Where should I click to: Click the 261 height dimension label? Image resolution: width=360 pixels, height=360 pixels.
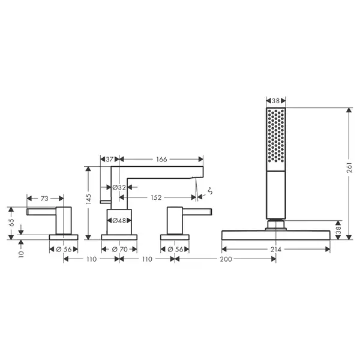[349, 168]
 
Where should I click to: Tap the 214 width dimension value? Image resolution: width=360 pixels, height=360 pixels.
[276, 250]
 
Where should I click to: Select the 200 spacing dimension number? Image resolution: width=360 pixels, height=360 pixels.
[226, 259]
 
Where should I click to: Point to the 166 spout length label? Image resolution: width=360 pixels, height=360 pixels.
[161, 160]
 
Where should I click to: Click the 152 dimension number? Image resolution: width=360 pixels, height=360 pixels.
[156, 197]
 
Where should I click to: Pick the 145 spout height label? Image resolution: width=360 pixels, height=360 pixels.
[88, 199]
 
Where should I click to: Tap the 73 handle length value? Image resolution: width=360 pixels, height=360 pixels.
[44, 199]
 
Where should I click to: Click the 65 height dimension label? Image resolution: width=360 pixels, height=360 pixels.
[11, 223]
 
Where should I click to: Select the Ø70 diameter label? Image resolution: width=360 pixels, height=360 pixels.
[119, 250]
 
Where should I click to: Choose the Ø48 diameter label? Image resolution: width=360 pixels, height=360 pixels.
[119, 221]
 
